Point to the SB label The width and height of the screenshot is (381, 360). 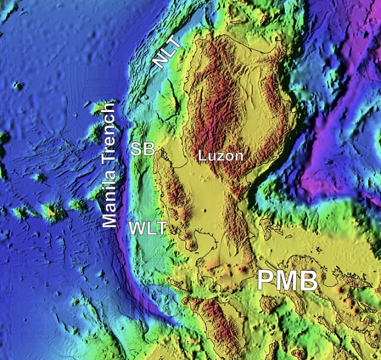(x=143, y=149)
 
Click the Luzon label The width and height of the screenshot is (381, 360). (x=221, y=156)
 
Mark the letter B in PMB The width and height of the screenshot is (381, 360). (x=308, y=281)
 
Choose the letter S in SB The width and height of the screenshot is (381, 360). (x=137, y=149)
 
